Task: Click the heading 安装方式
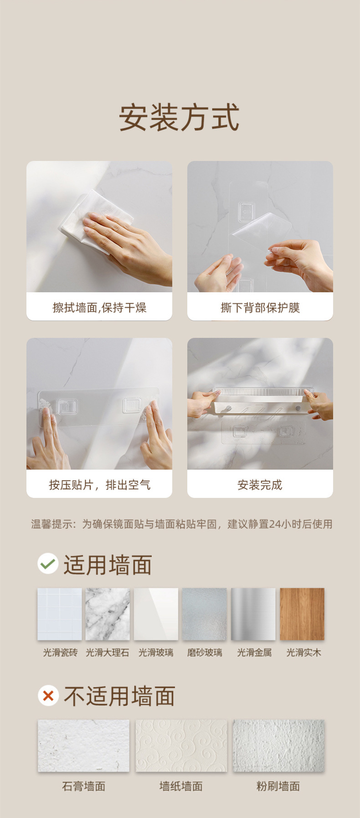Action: click(x=179, y=118)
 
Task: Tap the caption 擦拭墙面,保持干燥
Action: click(x=99, y=308)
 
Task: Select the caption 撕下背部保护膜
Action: click(x=260, y=308)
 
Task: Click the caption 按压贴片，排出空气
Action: click(x=99, y=485)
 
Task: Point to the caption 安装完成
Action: click(x=260, y=485)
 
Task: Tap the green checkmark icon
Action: click(x=48, y=564)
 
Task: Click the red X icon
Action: click(x=48, y=696)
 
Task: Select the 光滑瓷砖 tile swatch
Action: click(x=60, y=614)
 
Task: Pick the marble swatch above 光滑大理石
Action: click(x=108, y=614)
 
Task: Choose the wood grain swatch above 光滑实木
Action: click(x=302, y=614)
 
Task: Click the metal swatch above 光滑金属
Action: click(x=253, y=614)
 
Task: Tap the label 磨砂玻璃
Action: click(x=205, y=652)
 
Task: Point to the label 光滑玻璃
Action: click(x=156, y=652)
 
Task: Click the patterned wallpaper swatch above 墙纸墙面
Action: click(x=181, y=746)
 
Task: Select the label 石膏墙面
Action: click(x=84, y=786)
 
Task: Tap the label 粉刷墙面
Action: click(x=278, y=786)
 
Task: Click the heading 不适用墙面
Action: click(x=119, y=696)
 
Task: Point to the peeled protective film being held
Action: click(x=261, y=230)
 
